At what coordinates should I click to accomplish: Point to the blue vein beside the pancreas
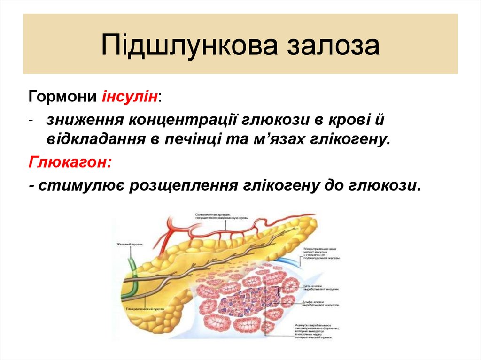pos(286,261)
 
